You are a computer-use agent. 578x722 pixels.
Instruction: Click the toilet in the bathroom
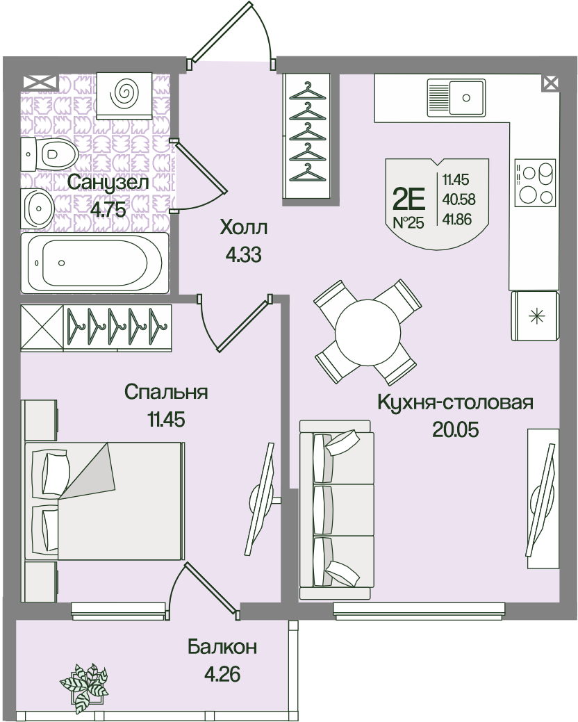(x=49, y=154)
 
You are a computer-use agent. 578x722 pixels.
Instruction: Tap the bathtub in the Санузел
(x=94, y=263)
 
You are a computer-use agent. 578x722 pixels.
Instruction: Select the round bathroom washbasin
(x=39, y=208)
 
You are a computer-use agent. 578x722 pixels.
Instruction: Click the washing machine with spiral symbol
(x=124, y=95)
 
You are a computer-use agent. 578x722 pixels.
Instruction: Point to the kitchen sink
(x=456, y=97)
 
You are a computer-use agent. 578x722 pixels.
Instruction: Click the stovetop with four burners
(x=534, y=183)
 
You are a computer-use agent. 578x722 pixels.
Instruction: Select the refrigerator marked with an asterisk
(x=535, y=316)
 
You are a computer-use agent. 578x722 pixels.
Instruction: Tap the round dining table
(x=368, y=332)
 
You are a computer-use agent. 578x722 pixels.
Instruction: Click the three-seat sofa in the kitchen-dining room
(x=336, y=510)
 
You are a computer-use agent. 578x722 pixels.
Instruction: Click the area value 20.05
(x=455, y=429)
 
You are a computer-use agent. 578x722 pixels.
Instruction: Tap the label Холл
(x=243, y=227)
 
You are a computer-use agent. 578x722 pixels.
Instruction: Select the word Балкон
(x=222, y=647)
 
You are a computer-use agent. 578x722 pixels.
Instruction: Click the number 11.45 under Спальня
(x=166, y=420)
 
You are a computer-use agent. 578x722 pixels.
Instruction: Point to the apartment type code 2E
(x=408, y=199)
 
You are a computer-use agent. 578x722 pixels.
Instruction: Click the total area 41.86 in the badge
(x=457, y=219)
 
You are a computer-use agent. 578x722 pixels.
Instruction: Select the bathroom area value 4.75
(x=108, y=209)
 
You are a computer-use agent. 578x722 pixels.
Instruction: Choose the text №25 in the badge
(x=408, y=223)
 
